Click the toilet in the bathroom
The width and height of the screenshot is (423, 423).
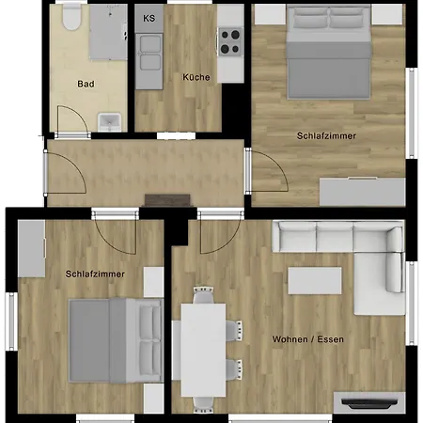coord(71,17)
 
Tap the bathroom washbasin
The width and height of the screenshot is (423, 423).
coord(109,122)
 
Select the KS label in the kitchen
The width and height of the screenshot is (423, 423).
coord(149,18)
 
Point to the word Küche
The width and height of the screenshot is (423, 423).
coord(196,77)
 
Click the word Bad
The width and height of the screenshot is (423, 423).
coord(86,84)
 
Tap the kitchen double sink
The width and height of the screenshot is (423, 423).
coord(149,53)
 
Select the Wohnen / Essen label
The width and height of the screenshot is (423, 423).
coord(308,339)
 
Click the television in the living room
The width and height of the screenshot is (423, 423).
coord(369,403)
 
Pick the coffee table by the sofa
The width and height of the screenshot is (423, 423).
coord(315,280)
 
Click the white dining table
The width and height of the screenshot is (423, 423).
coord(203,350)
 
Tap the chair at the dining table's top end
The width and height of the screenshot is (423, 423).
coord(204,294)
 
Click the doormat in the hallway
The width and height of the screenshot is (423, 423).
coord(167,200)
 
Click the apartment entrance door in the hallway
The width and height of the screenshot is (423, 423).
coord(65,173)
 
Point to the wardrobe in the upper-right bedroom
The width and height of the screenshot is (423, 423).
coord(363,192)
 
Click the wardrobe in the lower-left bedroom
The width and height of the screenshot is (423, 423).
coord(31,248)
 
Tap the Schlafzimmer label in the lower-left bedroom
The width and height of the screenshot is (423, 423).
coord(95,274)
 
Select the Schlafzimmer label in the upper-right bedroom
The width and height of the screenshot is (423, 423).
coord(326,136)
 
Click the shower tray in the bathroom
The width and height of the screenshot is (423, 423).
coord(108,32)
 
